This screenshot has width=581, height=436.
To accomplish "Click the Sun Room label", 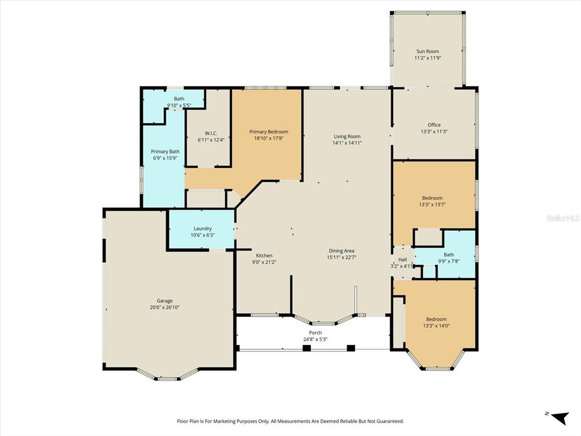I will (x=427, y=51).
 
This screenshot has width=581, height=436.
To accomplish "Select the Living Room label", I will (x=347, y=136).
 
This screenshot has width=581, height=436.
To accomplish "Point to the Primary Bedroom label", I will (x=268, y=132).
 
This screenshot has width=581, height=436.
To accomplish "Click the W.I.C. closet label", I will (x=207, y=133).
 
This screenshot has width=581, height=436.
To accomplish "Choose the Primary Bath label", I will (x=165, y=152).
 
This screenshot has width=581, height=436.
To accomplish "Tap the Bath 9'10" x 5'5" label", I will (x=179, y=99).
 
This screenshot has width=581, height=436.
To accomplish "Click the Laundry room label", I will (x=202, y=228).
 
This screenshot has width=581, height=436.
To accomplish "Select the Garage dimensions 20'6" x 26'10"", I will (x=165, y=308).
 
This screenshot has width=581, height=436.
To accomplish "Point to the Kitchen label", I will (x=264, y=255).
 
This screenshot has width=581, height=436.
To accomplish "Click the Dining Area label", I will (x=341, y=250).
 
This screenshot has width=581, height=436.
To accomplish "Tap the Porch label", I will (x=315, y=333).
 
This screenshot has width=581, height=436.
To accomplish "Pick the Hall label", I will (x=402, y=259).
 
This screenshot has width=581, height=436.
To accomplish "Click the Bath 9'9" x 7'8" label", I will (x=448, y=255).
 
